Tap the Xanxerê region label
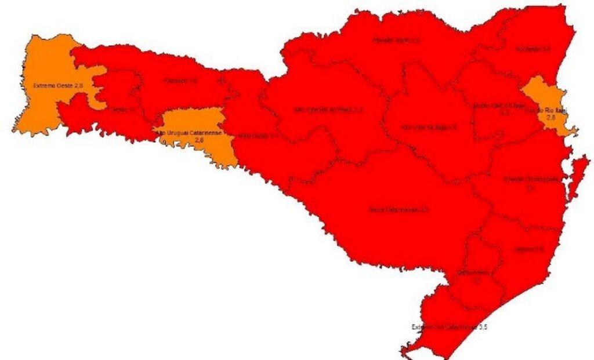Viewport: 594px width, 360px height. pyautogui.click(x=181, y=81)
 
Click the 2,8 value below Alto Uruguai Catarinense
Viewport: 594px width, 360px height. pyautogui.click(x=199, y=140)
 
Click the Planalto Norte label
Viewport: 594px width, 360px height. pyautogui.click(x=397, y=41)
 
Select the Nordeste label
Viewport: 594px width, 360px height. pyautogui.click(x=533, y=50)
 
